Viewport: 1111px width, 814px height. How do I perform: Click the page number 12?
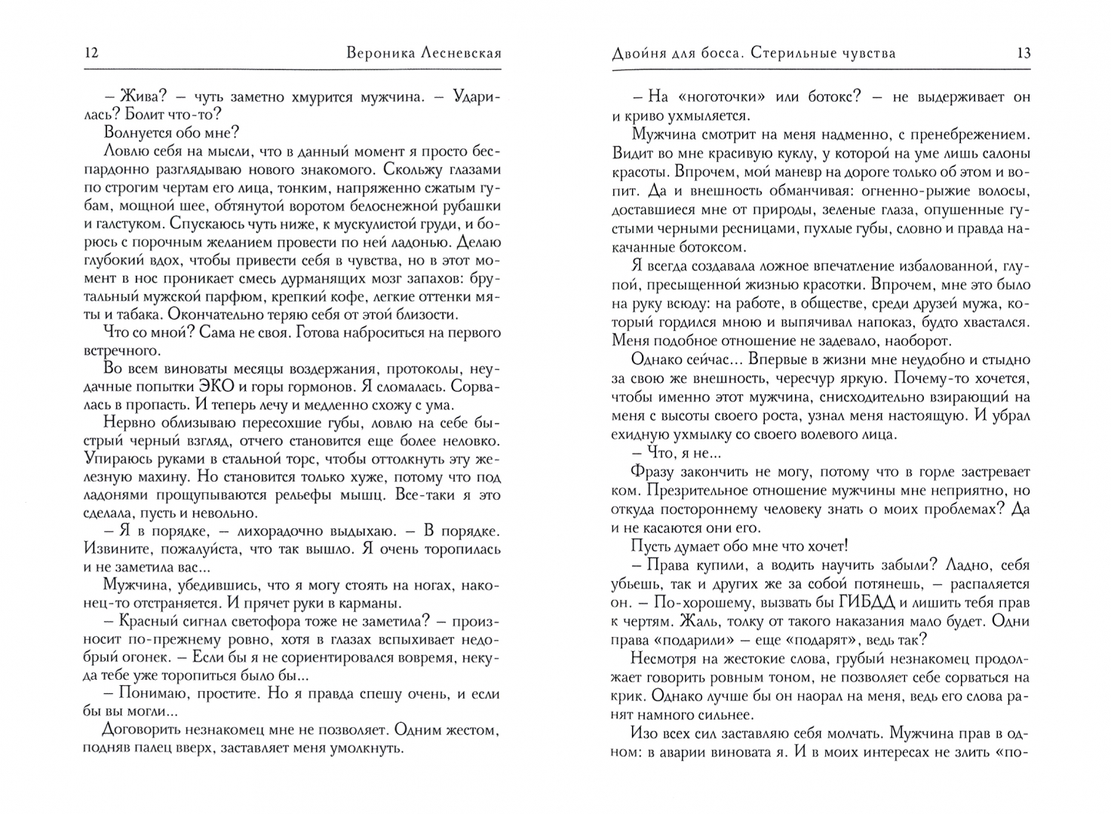click(x=91, y=53)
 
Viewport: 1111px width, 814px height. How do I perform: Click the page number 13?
click(x=1024, y=53)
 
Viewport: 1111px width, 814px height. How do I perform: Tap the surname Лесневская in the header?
click(x=451, y=53)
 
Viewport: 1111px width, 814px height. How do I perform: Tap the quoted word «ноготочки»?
click(x=713, y=98)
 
